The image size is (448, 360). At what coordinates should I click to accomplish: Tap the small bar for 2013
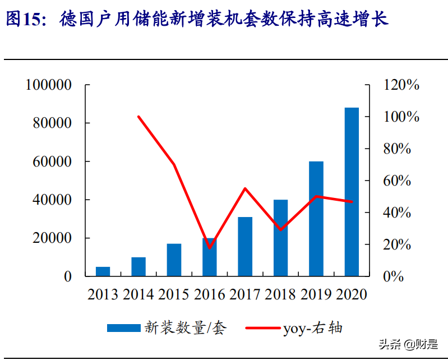pos(103,271)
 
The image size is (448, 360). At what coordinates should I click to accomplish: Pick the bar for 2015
pos(174,260)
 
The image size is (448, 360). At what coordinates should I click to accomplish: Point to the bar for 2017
pos(245,246)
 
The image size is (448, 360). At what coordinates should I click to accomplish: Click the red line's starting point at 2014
pos(138,117)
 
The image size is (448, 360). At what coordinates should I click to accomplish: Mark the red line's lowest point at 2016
pos(210,247)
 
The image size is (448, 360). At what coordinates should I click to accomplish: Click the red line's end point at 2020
pos(352,201)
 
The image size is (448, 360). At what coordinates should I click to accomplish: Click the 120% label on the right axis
pos(401,85)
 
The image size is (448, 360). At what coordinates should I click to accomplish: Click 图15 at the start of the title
pos(23,19)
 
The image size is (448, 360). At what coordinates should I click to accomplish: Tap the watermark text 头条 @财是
pos(408,344)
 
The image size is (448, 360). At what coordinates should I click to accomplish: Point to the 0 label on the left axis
pos(67,276)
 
